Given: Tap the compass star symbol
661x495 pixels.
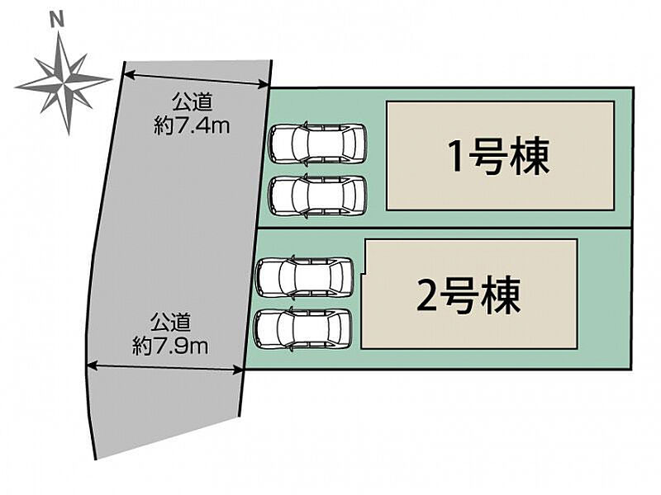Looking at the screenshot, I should coord(63,82).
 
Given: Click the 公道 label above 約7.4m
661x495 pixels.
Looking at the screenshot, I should coord(192,104).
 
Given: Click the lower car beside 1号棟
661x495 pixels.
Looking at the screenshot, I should coord(317,196).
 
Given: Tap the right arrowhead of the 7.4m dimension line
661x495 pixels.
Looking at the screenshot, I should coord(266,84).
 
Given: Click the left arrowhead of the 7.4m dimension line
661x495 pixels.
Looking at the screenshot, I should coord(128,73).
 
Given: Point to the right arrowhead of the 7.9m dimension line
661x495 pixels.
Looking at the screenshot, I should coord(242,369).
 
